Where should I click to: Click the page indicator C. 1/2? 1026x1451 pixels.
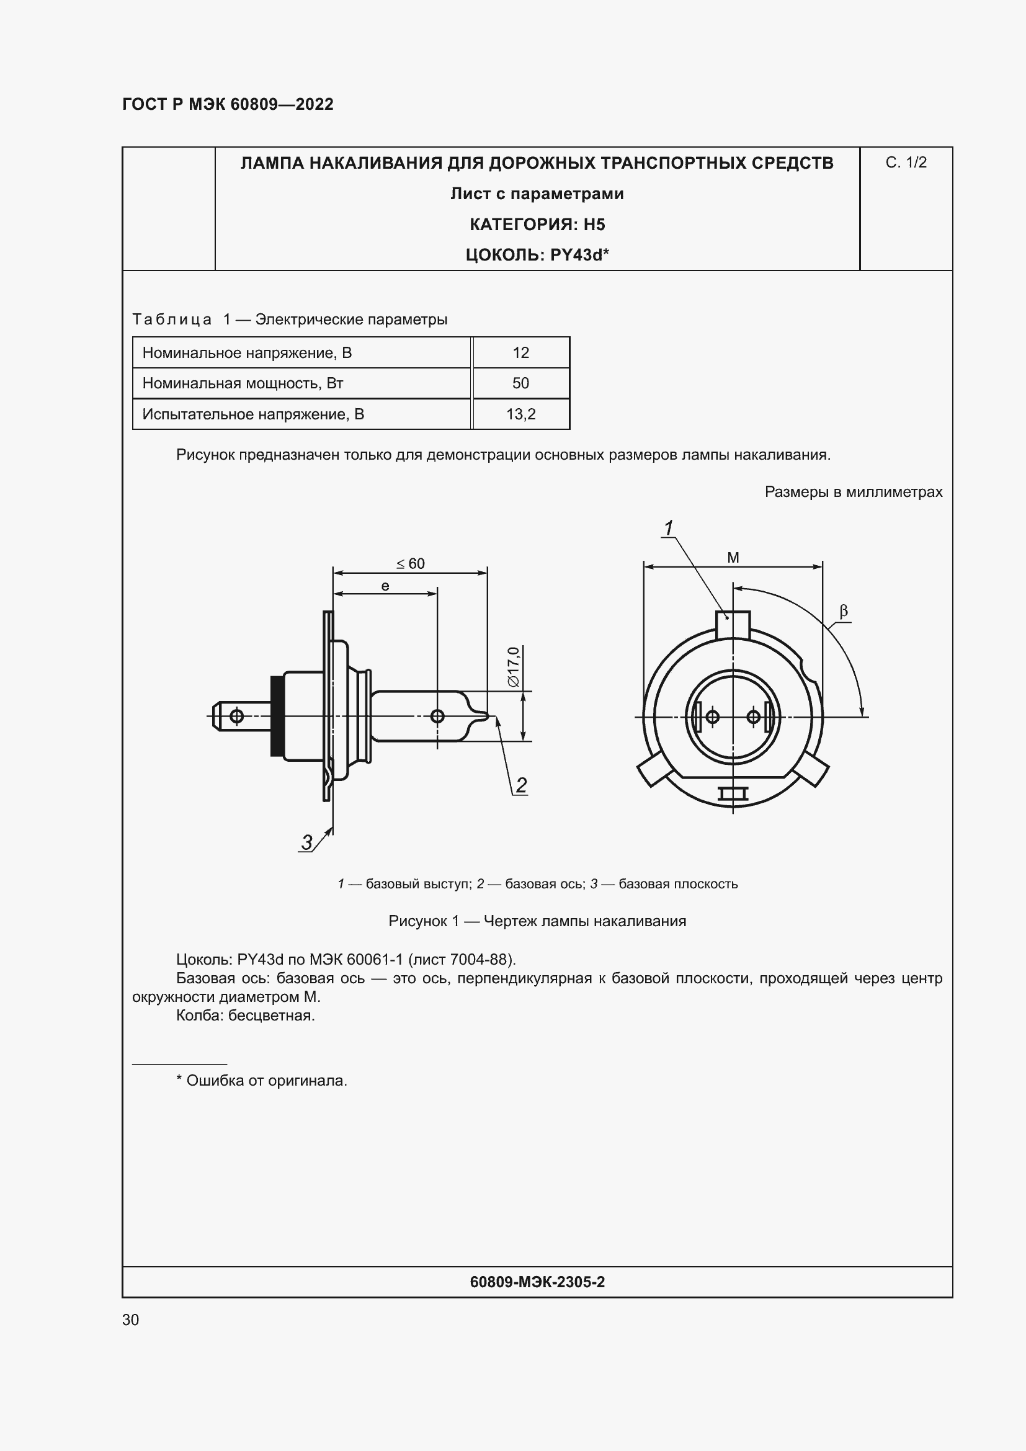[x=905, y=163]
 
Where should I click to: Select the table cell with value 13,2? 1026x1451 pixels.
[x=520, y=414]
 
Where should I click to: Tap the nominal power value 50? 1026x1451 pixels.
[x=520, y=383]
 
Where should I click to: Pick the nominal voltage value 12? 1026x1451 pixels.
[x=520, y=352]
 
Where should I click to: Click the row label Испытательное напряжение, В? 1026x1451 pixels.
[x=252, y=414]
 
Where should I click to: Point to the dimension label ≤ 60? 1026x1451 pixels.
[x=411, y=563]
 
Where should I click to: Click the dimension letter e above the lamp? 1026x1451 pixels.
[x=385, y=586]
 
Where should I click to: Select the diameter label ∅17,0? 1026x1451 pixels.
[x=513, y=667]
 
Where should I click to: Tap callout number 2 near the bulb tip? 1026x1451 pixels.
[x=521, y=785]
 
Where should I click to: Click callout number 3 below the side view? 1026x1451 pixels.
[x=306, y=842]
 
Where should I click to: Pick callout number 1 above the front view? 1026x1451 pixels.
[x=668, y=528]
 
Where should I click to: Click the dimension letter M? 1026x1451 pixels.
[x=733, y=558]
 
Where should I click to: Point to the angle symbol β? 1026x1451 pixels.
[x=844, y=611]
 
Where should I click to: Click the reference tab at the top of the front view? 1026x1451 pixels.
[x=733, y=625]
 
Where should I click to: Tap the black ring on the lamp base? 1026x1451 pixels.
[x=276, y=716]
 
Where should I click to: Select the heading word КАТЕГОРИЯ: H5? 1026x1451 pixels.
[x=537, y=225]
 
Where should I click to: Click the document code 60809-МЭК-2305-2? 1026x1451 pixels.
[x=537, y=1282]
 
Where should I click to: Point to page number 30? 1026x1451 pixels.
[x=131, y=1319]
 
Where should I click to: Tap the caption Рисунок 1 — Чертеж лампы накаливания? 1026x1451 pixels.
[x=537, y=921]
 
